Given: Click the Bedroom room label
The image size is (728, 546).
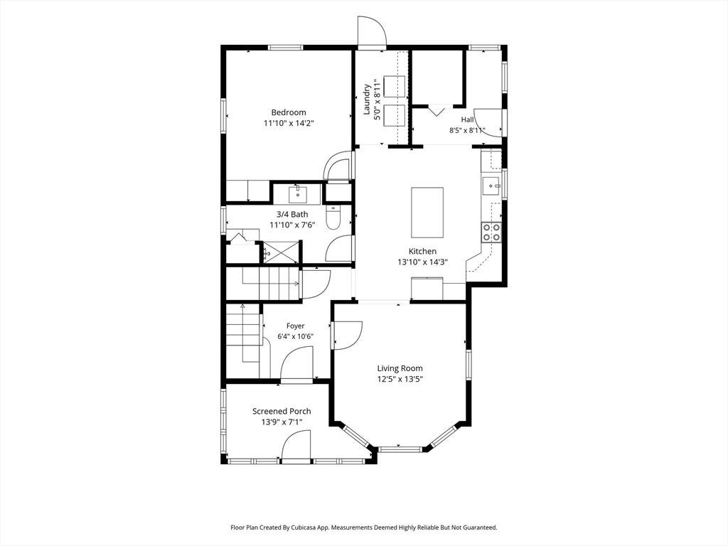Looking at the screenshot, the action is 289,112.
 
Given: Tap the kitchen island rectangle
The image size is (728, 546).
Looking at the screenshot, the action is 427,212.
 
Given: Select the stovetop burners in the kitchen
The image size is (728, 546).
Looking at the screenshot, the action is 491,232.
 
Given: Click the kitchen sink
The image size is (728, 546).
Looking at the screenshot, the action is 491,186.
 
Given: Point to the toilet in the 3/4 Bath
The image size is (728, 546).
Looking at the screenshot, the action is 333,218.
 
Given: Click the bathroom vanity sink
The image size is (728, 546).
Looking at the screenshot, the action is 298,195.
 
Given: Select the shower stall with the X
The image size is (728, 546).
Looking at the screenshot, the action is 282,252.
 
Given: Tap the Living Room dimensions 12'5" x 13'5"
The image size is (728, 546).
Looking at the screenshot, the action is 400,379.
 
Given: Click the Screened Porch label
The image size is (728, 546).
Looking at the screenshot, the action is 282,411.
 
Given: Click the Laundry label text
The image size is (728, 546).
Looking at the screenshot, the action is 367,99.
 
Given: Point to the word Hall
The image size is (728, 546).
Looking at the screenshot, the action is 468,119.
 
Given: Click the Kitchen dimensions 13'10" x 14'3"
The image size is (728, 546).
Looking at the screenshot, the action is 422,262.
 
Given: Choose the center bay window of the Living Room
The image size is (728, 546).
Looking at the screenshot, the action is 400,449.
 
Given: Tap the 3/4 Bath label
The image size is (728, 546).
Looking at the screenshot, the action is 292,215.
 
